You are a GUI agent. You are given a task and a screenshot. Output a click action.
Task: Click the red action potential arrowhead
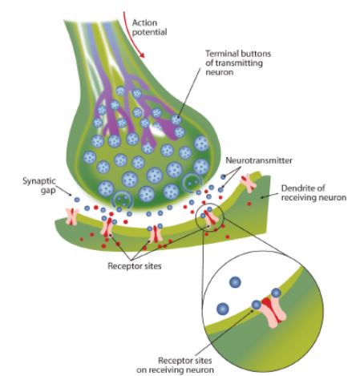click(141, 55)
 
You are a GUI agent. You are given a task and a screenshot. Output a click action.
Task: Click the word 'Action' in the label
click(144, 22)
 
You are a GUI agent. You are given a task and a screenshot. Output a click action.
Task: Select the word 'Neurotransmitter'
click(259, 160)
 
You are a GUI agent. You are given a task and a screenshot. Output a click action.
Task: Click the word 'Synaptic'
click(39, 181)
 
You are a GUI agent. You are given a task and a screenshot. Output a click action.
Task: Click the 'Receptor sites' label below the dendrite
click(135, 266)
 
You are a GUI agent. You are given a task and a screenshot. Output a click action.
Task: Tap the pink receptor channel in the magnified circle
click(273, 312)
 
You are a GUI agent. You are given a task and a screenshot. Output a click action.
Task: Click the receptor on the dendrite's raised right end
click(249, 183)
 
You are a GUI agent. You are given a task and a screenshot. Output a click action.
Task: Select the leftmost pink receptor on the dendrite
click(72, 216)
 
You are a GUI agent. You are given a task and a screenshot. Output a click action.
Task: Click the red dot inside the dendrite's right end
click(249, 204)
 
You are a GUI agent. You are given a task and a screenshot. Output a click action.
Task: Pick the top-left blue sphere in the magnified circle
click(235, 282)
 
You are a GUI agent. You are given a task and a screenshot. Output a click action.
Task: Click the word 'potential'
click(149, 33)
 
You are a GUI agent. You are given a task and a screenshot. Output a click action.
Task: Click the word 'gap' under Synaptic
click(48, 191)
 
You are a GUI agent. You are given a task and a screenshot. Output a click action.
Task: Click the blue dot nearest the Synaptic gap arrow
click(77, 200)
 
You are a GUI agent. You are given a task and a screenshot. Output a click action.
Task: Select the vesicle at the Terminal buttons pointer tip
click(176, 119)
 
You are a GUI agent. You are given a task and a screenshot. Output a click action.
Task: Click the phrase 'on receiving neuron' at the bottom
click(175, 370)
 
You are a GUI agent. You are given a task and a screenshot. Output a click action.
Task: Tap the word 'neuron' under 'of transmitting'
click(219, 73)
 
